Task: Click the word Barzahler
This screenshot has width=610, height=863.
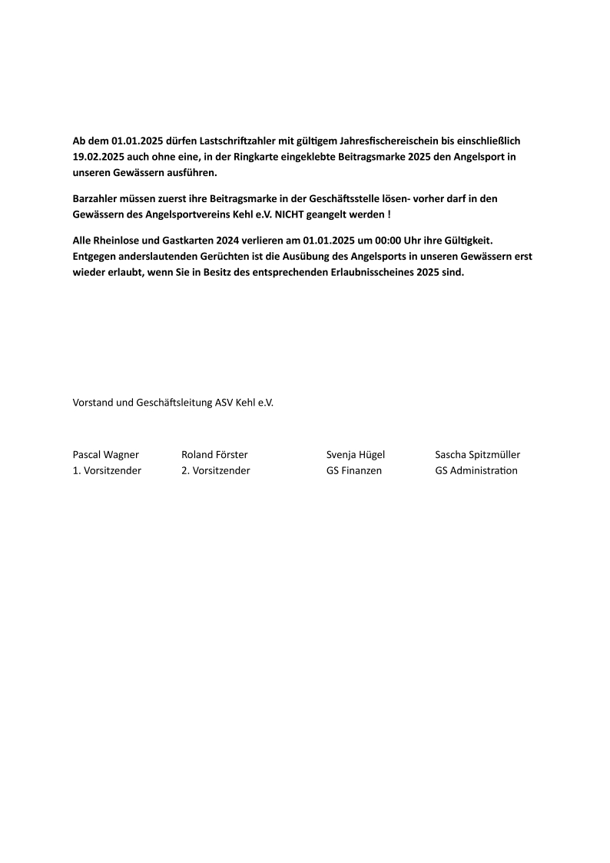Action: [96, 198]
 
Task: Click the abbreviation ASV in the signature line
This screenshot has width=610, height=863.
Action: [226, 402]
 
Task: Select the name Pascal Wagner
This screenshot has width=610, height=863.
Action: [106, 455]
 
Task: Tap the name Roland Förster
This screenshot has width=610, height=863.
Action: [214, 455]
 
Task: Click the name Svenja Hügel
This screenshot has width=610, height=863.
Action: [356, 455]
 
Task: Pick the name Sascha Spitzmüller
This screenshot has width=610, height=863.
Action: [477, 455]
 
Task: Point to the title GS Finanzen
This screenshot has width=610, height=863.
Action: [354, 470]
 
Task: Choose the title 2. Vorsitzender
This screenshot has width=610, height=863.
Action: [216, 470]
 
